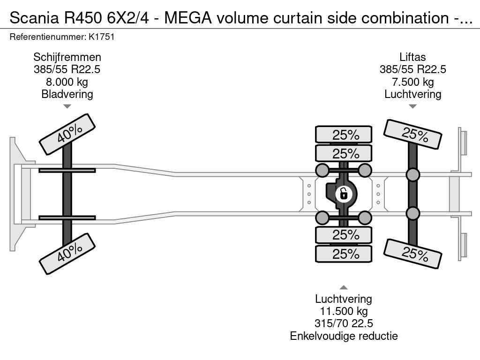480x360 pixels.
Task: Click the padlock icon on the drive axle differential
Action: pos(344,193)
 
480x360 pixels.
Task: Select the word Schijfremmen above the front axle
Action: pos(67,57)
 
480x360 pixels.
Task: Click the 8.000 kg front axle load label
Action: pos(67,82)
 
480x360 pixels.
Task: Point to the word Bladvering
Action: pos(67,94)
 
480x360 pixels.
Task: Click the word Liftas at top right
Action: pos(412,57)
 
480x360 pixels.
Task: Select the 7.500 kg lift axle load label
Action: pos(412,82)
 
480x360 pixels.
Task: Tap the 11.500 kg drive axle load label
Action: pos(344,311)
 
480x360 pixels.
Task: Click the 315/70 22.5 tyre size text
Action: pos(344,323)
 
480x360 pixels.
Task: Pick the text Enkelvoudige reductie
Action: pos(344,336)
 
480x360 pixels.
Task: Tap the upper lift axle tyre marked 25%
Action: pos(412,135)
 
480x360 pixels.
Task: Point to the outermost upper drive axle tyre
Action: pos(344,135)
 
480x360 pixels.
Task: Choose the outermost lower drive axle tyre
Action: pos(344,254)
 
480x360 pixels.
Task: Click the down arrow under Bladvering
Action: pos(67,106)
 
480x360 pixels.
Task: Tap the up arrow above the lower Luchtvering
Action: pos(344,287)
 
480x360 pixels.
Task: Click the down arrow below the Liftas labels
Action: pos(412,106)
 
